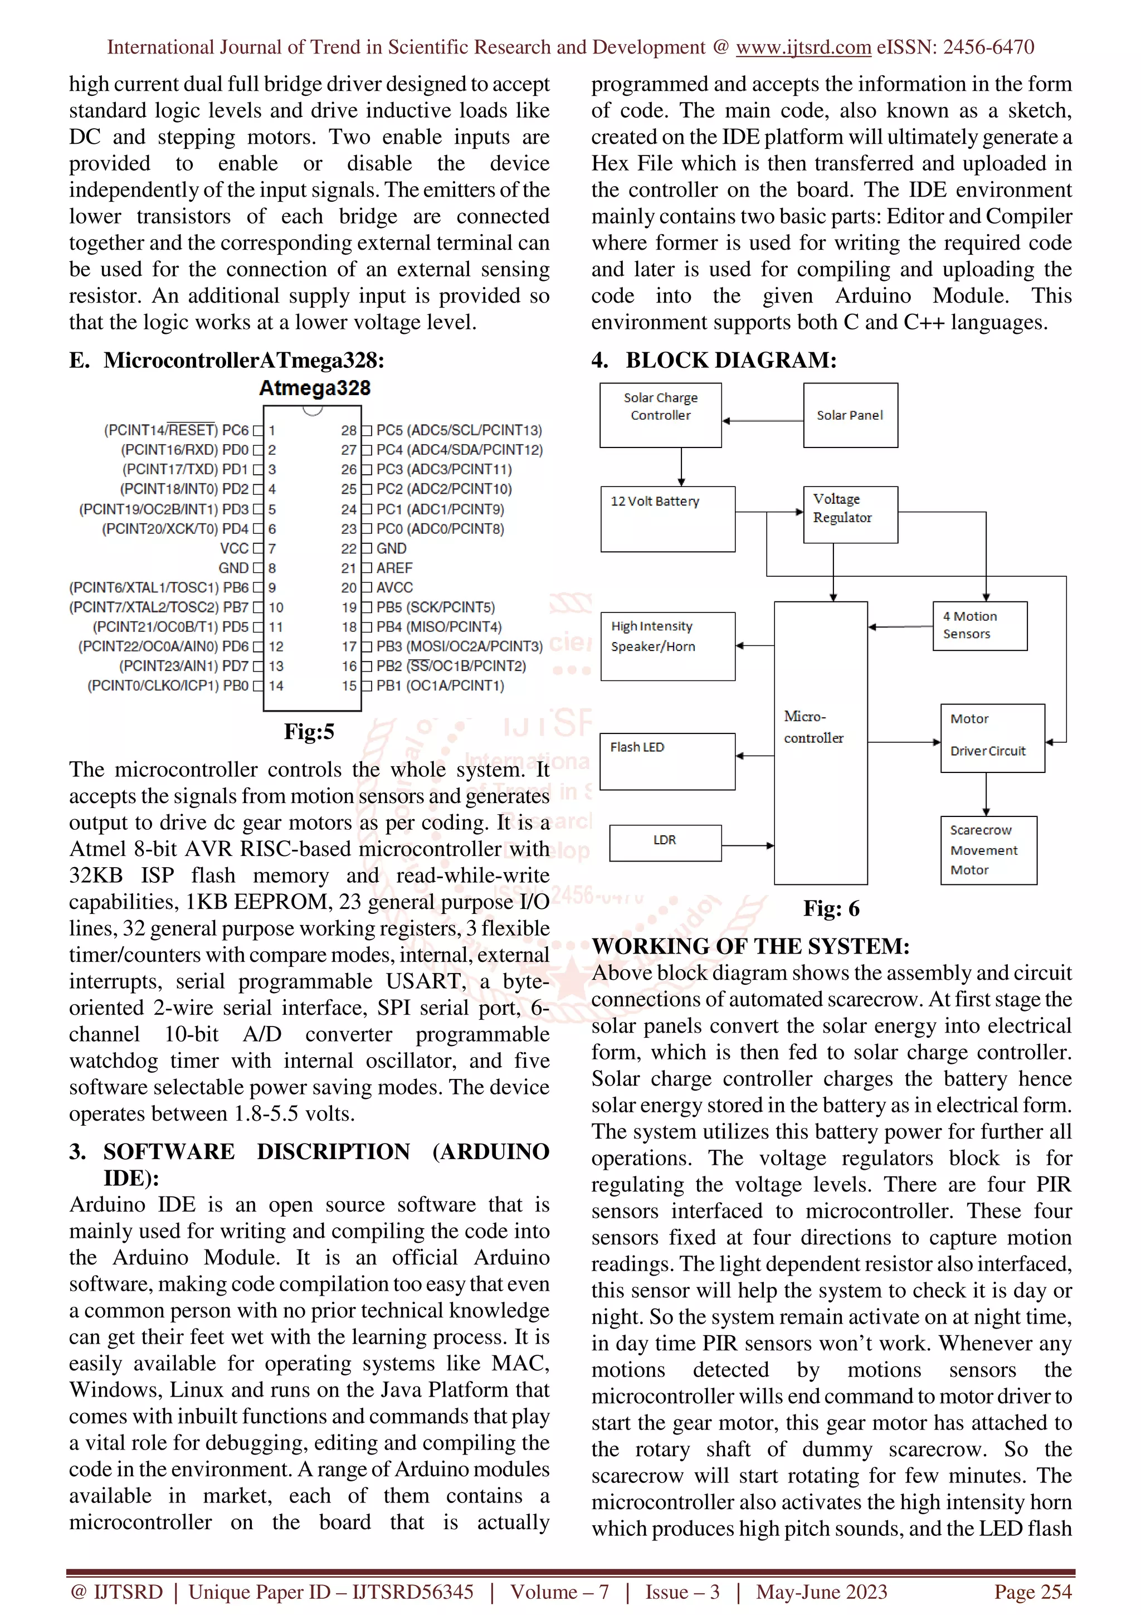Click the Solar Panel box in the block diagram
[850, 415]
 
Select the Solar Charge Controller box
[660, 415]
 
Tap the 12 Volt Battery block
[667, 518]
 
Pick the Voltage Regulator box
[850, 514]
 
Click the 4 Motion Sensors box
[979, 625]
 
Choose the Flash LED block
[667, 761]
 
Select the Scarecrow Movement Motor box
[988, 850]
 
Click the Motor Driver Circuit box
[992, 738]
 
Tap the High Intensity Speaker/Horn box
[667, 646]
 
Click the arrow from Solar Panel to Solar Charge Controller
[762, 421]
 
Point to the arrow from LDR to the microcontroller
[747, 845]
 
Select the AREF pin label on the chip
[394, 568]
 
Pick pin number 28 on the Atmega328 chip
[349, 430]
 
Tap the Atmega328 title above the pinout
[314, 388]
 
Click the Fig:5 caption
[309, 732]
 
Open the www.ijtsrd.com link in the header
[803, 47]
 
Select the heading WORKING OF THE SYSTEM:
[750, 946]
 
